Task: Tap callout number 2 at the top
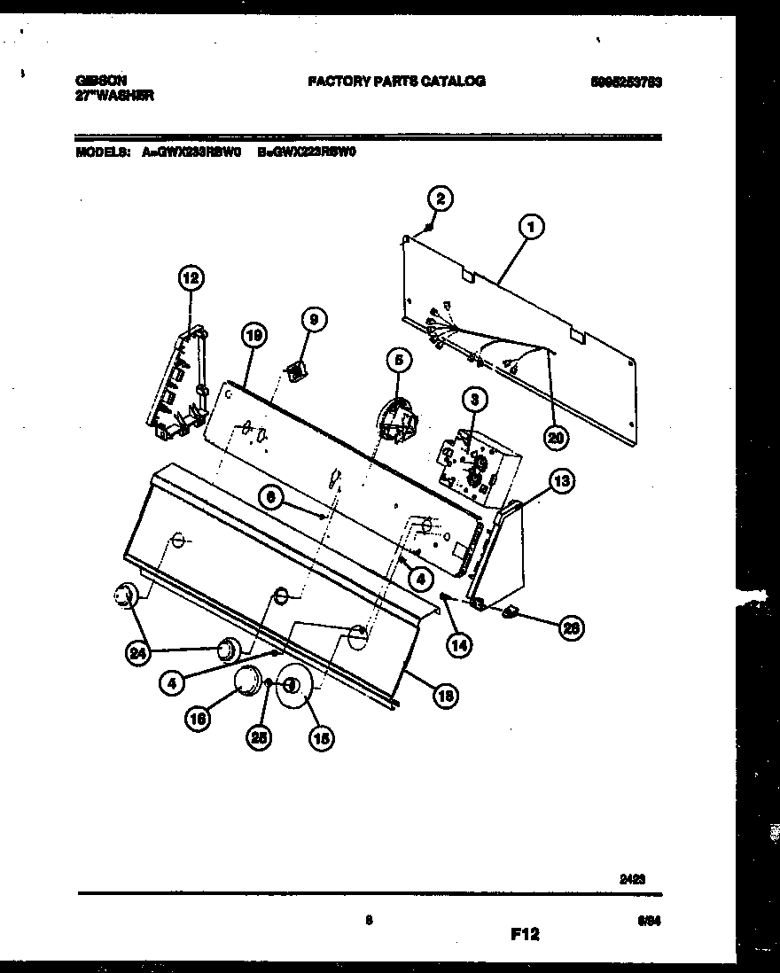(441, 198)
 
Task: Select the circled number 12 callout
(189, 279)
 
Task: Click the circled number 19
(253, 335)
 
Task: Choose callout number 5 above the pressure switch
(399, 360)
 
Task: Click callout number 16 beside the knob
(199, 720)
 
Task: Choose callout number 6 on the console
(273, 499)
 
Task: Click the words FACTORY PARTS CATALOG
(396, 81)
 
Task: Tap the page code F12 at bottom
(525, 934)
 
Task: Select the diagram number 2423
(631, 880)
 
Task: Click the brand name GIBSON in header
(95, 80)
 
